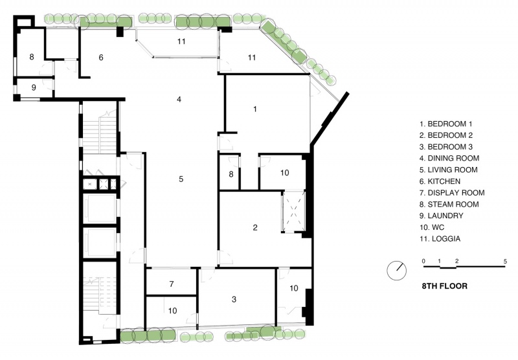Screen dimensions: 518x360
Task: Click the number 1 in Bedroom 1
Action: tap(254, 109)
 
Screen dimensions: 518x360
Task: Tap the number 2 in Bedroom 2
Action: tap(255, 227)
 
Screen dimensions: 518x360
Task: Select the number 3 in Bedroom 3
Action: tap(234, 299)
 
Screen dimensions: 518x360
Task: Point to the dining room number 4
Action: tap(179, 99)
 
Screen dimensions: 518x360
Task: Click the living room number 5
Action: tap(181, 179)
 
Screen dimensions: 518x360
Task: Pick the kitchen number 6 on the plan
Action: tap(101, 58)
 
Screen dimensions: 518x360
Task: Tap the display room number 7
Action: tap(172, 284)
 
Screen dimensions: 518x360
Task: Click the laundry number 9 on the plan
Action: tap(34, 87)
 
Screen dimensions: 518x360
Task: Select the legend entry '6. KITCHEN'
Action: tap(440, 181)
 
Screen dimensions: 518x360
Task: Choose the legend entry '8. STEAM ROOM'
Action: tap(449, 204)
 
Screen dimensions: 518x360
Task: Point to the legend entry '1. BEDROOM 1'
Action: tap(446, 124)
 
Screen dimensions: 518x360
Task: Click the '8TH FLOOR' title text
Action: tap(445, 286)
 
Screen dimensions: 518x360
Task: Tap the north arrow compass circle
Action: tap(396, 271)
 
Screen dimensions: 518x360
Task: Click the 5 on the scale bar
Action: tap(505, 261)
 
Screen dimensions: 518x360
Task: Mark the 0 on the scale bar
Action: tap(423, 261)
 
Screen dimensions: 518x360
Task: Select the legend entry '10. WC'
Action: tap(432, 227)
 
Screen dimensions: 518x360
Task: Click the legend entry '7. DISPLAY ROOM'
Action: tap(452, 192)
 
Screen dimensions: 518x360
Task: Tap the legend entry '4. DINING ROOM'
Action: tap(449, 158)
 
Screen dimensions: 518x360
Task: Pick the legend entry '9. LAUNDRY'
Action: tap(442, 216)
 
